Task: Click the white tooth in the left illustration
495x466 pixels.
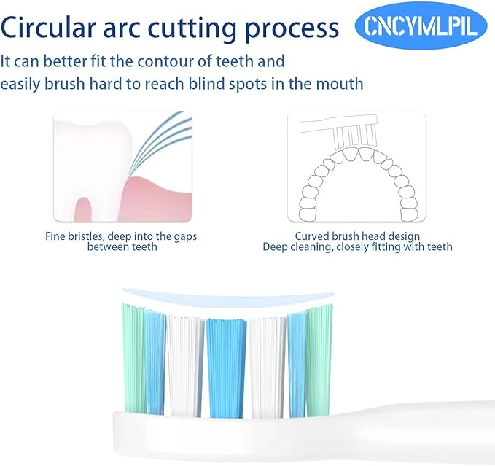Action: (80, 157)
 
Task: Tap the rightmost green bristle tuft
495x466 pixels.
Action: (320, 357)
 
